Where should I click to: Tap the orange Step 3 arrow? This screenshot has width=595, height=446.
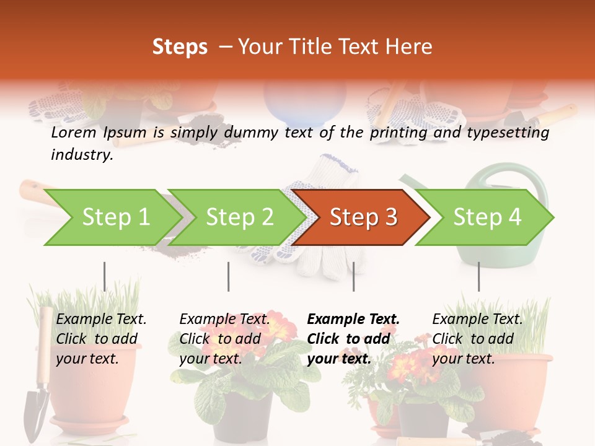363,217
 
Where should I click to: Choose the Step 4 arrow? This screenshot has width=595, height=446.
487,217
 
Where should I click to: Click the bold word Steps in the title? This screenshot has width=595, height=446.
180,46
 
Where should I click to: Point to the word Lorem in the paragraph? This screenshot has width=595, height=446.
74,133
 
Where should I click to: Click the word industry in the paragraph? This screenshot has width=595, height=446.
81,155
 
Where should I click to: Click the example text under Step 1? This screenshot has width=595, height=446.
101,339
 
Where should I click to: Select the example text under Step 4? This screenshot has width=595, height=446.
477,339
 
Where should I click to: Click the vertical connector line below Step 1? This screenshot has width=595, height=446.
105,276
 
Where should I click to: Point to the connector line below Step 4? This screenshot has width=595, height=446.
478,276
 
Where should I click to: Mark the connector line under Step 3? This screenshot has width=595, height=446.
353,276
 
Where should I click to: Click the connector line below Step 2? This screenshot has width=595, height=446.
229,276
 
